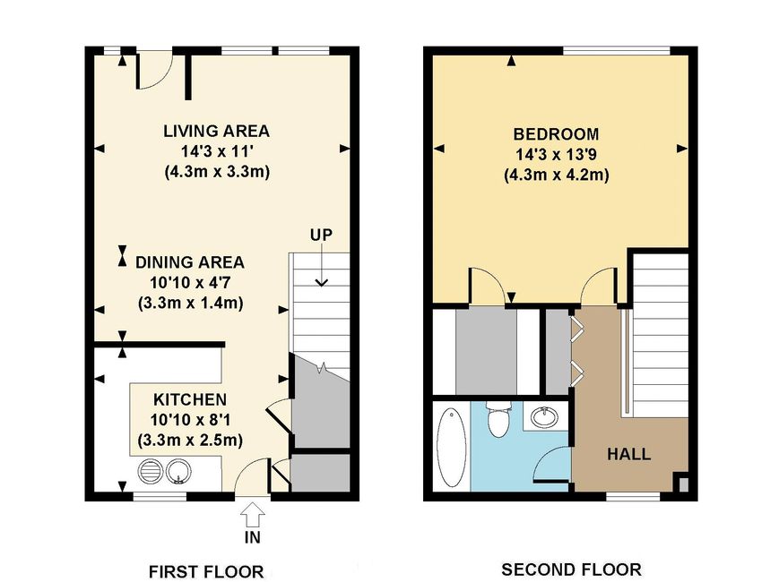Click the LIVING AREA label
pos(217,131)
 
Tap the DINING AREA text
pos(190,262)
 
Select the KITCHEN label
pos(190,399)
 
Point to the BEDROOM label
pos(556,134)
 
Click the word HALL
pos(629,454)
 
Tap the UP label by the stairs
pos(322,235)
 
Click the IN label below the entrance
pos(253,537)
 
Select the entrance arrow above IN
pos(253,514)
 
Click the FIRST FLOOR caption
pos(206,571)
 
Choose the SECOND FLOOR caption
pos(571,569)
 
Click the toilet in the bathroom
pos(498,419)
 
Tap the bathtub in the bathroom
pos(451,448)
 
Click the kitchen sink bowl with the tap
pos(177,471)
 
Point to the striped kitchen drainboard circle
pos(150,471)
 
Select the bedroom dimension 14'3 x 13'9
pos(556,154)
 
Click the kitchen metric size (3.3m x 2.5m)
pos(190,441)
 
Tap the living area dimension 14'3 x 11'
pos(217,151)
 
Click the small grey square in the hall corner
pos(684,484)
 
